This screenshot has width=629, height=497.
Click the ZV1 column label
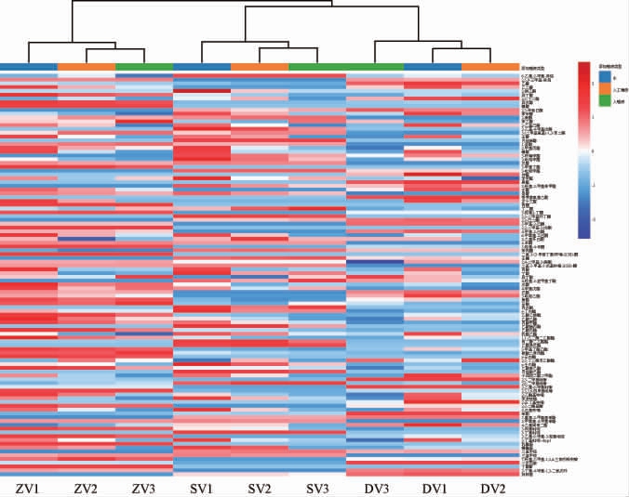point(28,488)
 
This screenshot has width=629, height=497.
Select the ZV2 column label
point(86,488)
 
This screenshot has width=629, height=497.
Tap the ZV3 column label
point(143,488)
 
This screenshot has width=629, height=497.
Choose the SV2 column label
point(260,488)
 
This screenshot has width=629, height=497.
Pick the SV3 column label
point(317,488)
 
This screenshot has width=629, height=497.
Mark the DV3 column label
point(375,488)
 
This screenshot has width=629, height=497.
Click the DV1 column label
point(433,488)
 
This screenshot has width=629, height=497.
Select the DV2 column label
point(490,488)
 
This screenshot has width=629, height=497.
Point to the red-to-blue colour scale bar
point(584,149)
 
